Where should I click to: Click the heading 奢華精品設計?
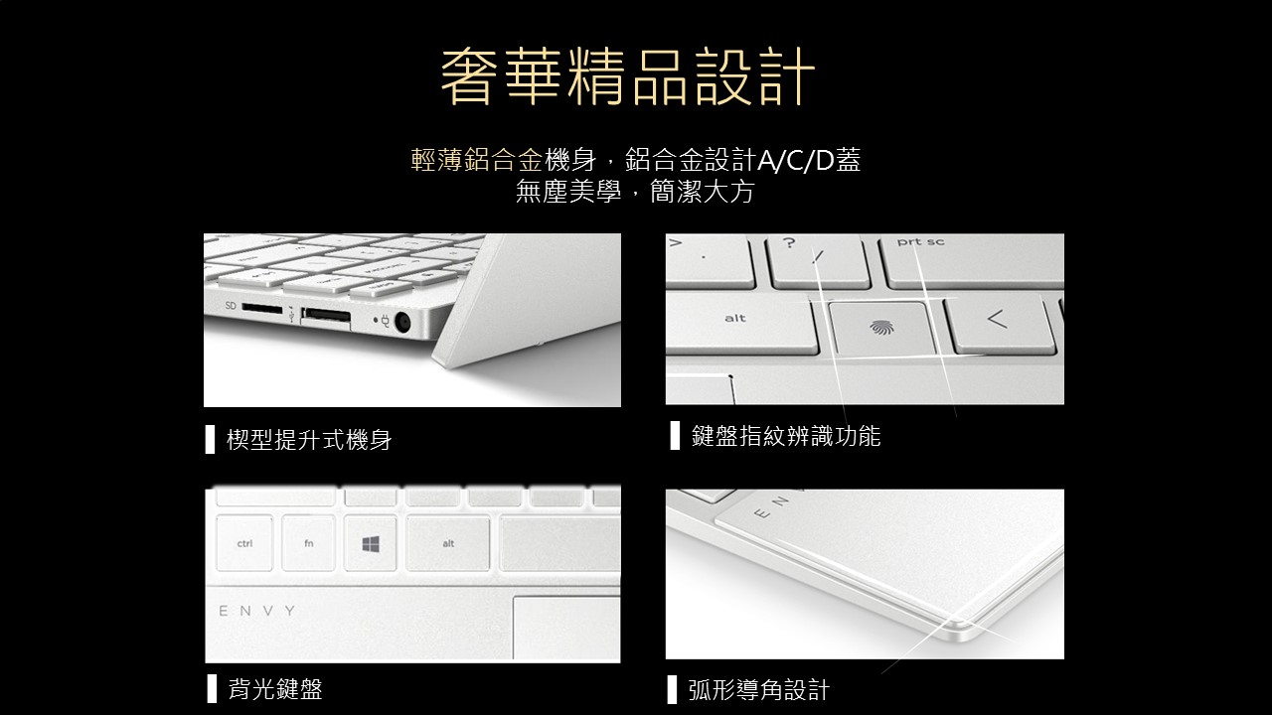tap(628, 77)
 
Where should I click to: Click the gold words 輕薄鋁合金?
tap(477, 160)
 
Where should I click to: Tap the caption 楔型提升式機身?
tap(309, 440)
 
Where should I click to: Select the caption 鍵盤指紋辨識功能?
tap(786, 436)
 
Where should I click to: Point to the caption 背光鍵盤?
tap(275, 689)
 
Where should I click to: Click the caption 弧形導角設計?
tap(758, 690)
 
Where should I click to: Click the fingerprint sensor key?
tap(880, 328)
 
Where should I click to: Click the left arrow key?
tap(1000, 323)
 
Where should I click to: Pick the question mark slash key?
tap(818, 262)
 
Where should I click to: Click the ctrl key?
tap(244, 543)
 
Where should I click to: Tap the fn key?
tap(308, 543)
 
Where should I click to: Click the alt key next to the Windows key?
tap(448, 543)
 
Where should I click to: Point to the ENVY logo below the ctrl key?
tap(257, 611)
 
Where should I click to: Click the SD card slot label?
tap(230, 305)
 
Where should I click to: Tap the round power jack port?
tap(402, 323)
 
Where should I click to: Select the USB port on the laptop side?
tap(325, 318)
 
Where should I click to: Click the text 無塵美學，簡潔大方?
tap(635, 192)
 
